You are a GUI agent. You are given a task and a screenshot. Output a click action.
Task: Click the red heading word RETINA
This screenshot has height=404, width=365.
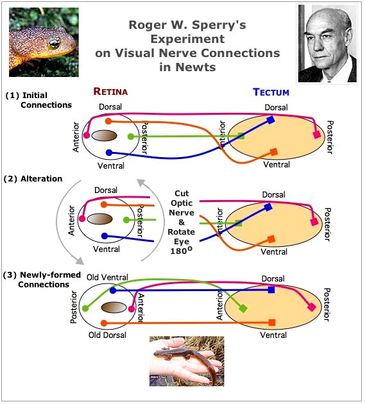(x=110, y=92)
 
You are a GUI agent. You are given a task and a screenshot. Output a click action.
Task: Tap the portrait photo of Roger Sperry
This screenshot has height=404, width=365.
(x=327, y=43)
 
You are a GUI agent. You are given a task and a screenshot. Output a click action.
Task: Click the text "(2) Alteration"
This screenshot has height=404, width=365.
(x=34, y=179)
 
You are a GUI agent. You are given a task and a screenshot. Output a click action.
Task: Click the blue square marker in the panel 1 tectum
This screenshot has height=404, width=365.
(x=271, y=120)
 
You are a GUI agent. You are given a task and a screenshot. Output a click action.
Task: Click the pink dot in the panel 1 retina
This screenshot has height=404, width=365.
(x=87, y=135)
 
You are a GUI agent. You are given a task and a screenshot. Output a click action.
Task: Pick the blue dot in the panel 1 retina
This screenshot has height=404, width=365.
(x=109, y=153)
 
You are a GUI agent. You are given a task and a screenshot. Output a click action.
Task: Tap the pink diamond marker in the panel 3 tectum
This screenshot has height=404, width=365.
(x=312, y=308)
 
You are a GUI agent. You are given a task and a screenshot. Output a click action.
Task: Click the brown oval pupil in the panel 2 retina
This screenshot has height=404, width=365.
(x=99, y=219)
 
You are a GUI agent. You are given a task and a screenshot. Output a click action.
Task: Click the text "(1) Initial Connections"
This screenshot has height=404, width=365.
(x=38, y=100)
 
